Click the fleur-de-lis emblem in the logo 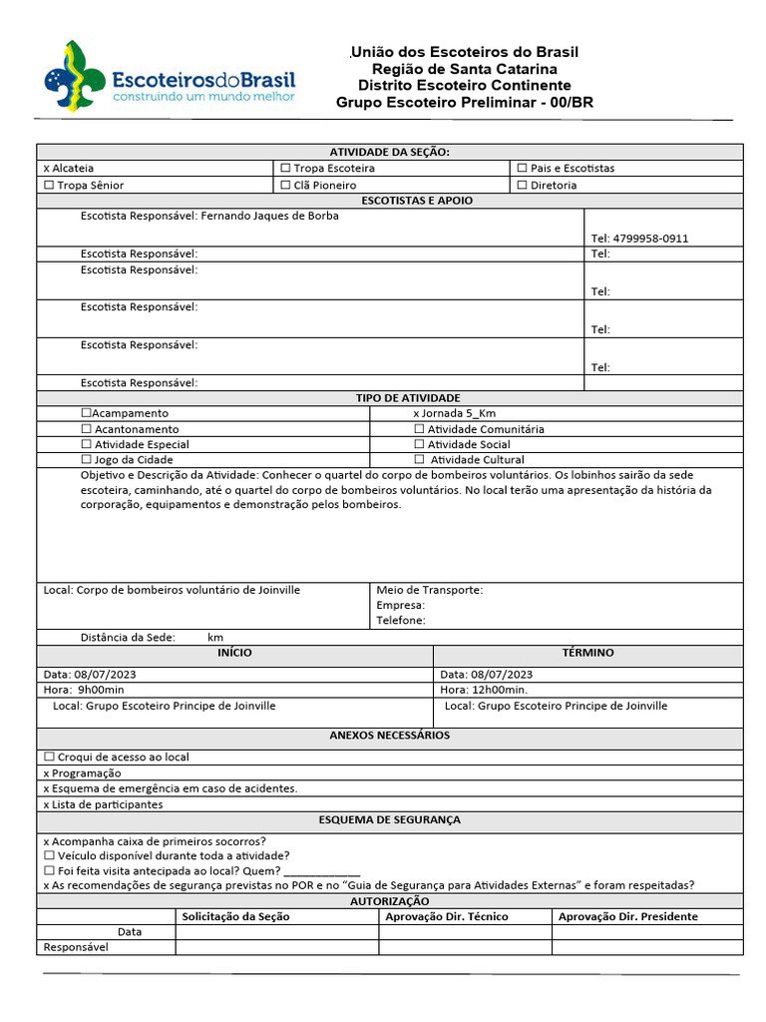point(71,76)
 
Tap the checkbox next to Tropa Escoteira point(285,169)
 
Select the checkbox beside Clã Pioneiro point(285,186)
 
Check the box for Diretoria point(522,186)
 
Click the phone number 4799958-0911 point(639,239)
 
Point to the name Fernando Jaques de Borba point(269,216)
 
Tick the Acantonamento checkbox point(86,429)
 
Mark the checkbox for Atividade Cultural point(419,460)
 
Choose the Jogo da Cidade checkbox point(86,460)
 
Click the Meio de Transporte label point(429,590)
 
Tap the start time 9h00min point(99,690)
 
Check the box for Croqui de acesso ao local point(49,758)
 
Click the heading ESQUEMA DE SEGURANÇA point(389,819)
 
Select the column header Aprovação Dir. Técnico point(446,916)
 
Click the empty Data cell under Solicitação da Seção point(276,932)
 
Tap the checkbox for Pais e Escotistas point(522,169)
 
